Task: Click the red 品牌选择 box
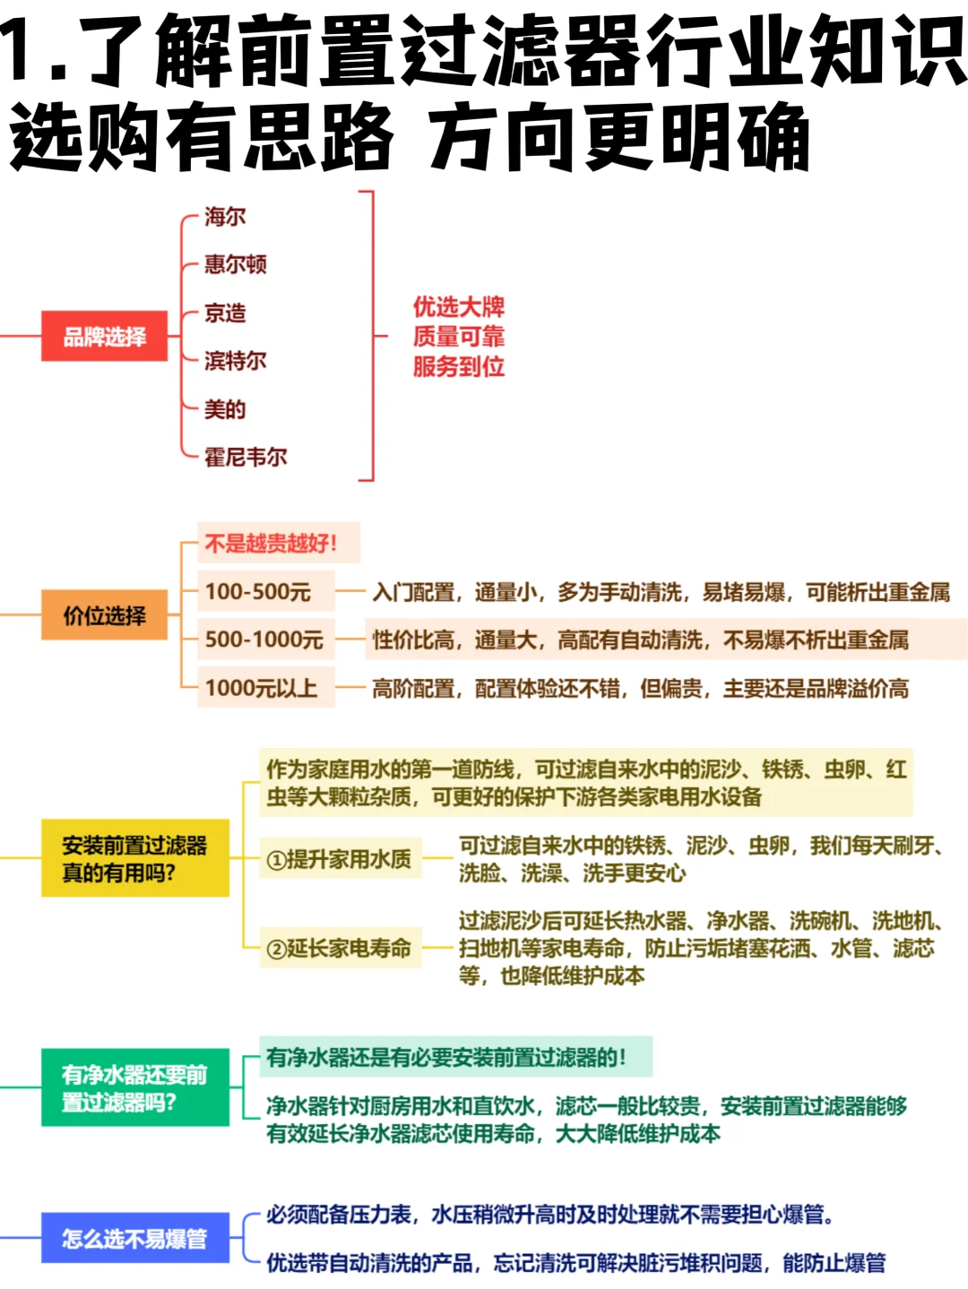coord(104,337)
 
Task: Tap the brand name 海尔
coord(224,217)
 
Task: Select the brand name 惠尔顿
coord(235,264)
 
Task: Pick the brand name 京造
coord(224,313)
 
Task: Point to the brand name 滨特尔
coord(235,361)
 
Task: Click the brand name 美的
coord(224,409)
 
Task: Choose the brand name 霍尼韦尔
coord(245,457)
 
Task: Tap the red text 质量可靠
coord(458,337)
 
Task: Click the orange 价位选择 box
coord(104,615)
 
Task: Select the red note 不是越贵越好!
coord(271,543)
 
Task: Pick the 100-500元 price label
coord(258,591)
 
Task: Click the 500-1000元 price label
coord(264,640)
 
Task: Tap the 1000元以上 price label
coord(261,688)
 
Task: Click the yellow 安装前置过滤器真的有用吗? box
coord(134,858)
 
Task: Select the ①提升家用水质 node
coord(340,859)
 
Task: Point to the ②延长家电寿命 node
coord(340,948)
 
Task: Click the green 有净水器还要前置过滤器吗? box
coord(134,1087)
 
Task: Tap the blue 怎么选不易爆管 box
coord(134,1238)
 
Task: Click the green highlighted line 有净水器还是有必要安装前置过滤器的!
coord(446,1057)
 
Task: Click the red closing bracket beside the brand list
coord(370,336)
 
